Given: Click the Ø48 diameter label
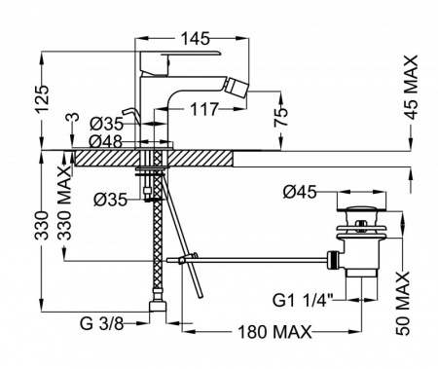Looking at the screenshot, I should pos(98,139).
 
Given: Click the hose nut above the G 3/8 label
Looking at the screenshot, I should pos(159,312).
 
